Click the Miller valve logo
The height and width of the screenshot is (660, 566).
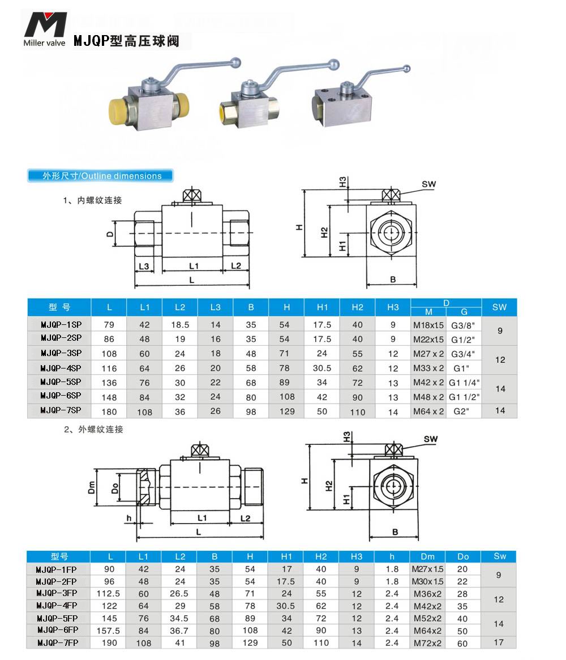[x=45, y=28]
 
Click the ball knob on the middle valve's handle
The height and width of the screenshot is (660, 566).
[x=335, y=64]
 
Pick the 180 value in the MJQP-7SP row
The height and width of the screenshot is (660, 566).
[x=109, y=412]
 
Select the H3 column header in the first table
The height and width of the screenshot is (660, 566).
[x=393, y=307]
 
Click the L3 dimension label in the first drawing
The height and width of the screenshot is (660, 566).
[x=144, y=265]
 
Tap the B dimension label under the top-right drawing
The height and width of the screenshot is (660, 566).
[x=393, y=279]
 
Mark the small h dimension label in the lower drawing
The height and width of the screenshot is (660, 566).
[x=129, y=517]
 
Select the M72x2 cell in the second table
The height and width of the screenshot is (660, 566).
[x=427, y=643]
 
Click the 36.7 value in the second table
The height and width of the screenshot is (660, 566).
[x=179, y=630]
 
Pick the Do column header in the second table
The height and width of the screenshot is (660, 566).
[x=463, y=556]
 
